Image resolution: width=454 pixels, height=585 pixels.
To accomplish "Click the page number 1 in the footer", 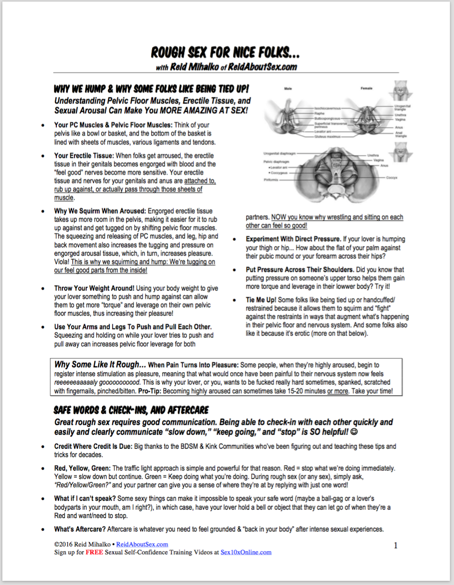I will tap(396, 545).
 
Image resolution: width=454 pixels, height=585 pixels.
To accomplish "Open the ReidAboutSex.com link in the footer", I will tap(142, 544).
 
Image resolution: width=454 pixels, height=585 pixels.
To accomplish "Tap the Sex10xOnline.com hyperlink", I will tap(246, 552).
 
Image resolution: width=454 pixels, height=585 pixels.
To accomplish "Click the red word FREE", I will tap(94, 552).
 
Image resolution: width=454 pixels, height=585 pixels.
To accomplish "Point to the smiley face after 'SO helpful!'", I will tap(354, 432).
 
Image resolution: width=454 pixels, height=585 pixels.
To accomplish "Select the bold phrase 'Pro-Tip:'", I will tap(150, 391).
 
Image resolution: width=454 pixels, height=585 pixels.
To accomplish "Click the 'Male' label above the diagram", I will tap(288, 88).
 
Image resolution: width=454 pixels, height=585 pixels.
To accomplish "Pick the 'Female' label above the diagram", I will tap(366, 88).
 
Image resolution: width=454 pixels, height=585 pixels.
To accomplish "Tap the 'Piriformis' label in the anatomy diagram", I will tap(271, 179).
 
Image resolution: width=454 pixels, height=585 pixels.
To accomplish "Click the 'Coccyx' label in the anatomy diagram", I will tap(392, 178).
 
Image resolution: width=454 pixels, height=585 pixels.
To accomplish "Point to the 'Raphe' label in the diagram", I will tap(319, 113).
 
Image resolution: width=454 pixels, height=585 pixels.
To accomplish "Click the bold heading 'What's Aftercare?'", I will tap(80, 529).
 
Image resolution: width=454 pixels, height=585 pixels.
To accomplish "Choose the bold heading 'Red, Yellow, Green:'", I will tap(82, 468).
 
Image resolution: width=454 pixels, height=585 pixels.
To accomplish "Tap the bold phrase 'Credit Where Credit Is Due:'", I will tap(93, 446).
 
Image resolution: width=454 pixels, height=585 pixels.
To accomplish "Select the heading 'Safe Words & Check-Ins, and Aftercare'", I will tap(131, 410).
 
